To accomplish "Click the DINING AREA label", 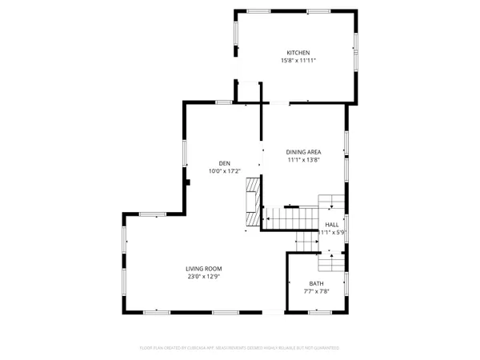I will coord(304,151).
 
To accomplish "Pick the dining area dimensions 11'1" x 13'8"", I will coord(304,159).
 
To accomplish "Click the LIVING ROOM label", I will coord(203,269).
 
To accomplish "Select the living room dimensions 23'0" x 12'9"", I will coord(203,277).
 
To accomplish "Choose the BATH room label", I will coord(318,284).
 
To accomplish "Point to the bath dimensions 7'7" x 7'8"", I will coord(318,292).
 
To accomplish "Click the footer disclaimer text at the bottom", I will coord(240,348).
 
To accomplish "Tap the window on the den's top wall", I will coord(224,102).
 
